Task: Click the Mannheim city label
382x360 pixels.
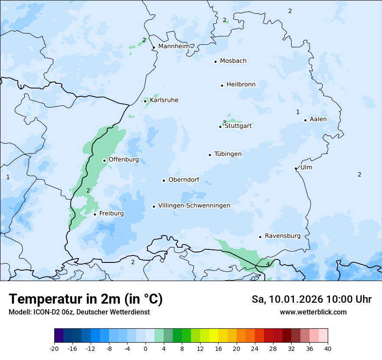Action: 174,46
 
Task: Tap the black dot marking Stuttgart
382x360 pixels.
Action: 220,127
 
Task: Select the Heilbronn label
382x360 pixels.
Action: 241,84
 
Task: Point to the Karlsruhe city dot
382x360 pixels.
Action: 145,101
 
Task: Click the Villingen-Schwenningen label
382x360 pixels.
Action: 194,206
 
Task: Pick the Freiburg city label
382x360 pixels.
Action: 111,213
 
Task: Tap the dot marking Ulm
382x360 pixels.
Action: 296,168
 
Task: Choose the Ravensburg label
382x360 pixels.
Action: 283,236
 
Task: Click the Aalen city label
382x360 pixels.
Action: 318,119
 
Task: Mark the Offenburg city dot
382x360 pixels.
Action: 104,160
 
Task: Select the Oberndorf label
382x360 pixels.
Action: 184,180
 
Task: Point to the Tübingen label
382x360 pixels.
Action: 228,154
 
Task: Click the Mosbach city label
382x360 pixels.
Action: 233,61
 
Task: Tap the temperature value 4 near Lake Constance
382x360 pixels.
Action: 268,264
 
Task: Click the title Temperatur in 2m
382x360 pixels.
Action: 86,299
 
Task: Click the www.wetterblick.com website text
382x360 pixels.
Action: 313,312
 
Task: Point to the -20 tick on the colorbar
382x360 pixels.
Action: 54,348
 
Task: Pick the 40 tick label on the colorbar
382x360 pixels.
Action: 327,348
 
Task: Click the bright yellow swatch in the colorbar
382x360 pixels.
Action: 214,336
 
